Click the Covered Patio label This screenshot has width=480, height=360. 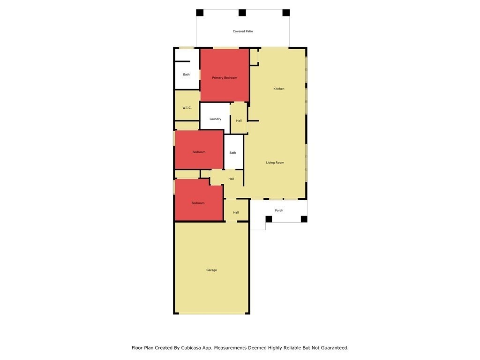click(243, 31)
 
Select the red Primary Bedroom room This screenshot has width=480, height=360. click(225, 75)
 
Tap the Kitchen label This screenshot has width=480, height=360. click(279, 89)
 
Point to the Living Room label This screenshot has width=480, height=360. click(275, 163)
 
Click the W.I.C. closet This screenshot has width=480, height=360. click(187, 105)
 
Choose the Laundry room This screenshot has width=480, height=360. click(215, 116)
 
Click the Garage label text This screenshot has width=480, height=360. click(211, 270)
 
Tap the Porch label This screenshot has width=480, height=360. click(279, 210)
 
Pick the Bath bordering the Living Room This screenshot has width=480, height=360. click(233, 152)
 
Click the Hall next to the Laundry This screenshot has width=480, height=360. click(239, 118)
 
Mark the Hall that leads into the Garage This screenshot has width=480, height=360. click(236, 210)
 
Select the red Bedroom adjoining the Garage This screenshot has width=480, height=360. click(198, 200)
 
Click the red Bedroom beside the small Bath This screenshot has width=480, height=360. click(199, 150)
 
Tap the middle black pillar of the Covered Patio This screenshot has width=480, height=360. click(242, 13)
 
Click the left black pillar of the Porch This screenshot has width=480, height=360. click(269, 219)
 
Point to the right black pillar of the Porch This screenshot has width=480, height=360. click(304, 219)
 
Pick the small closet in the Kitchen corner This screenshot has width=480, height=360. click(254, 57)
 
